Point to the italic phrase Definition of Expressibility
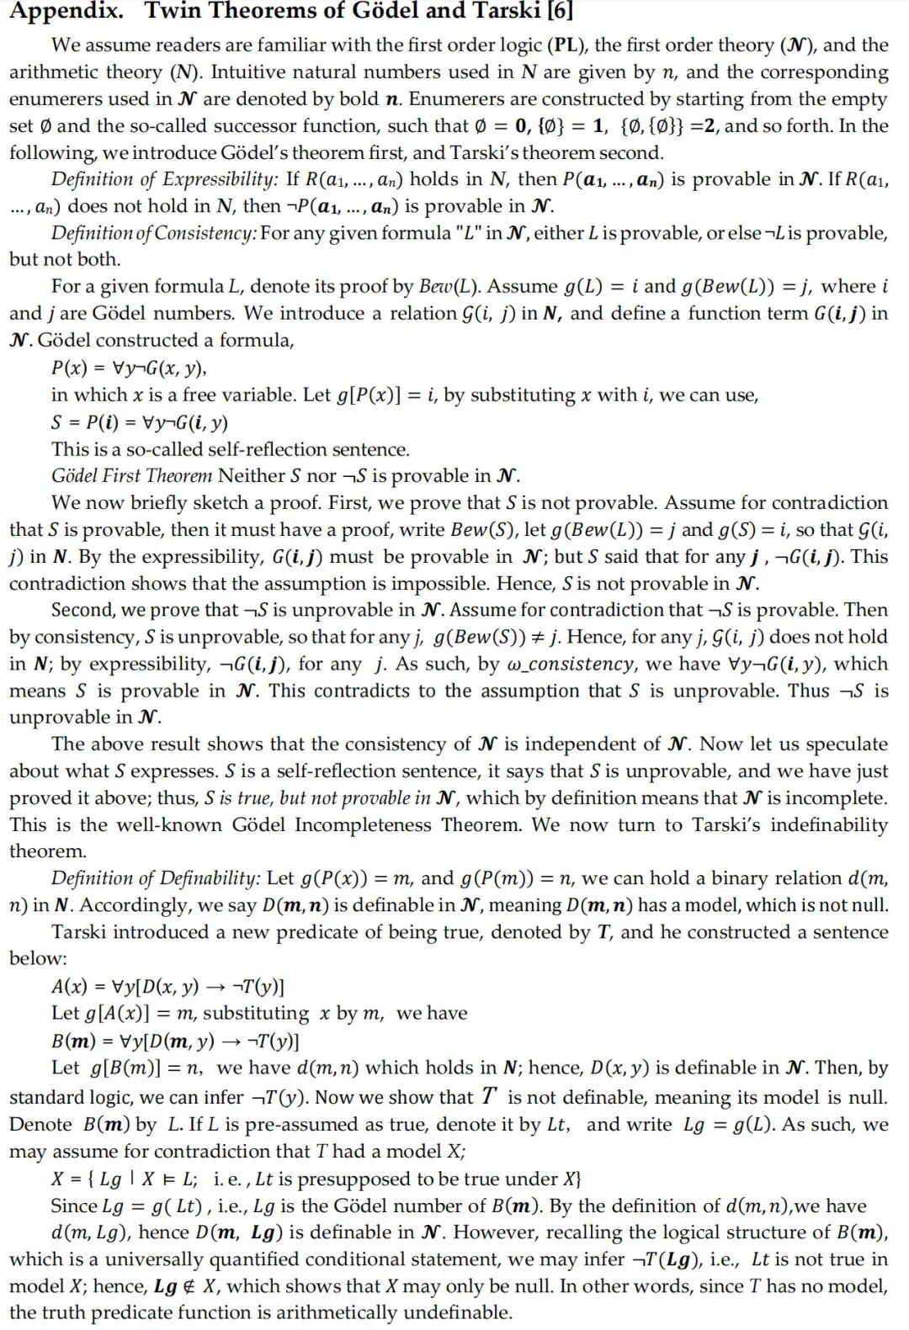(x=164, y=179)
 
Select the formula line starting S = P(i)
(x=140, y=421)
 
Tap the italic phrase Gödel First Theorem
(x=131, y=475)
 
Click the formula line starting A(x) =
(x=167, y=986)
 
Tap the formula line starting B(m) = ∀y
(x=175, y=1041)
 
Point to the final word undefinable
(x=455, y=1312)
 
